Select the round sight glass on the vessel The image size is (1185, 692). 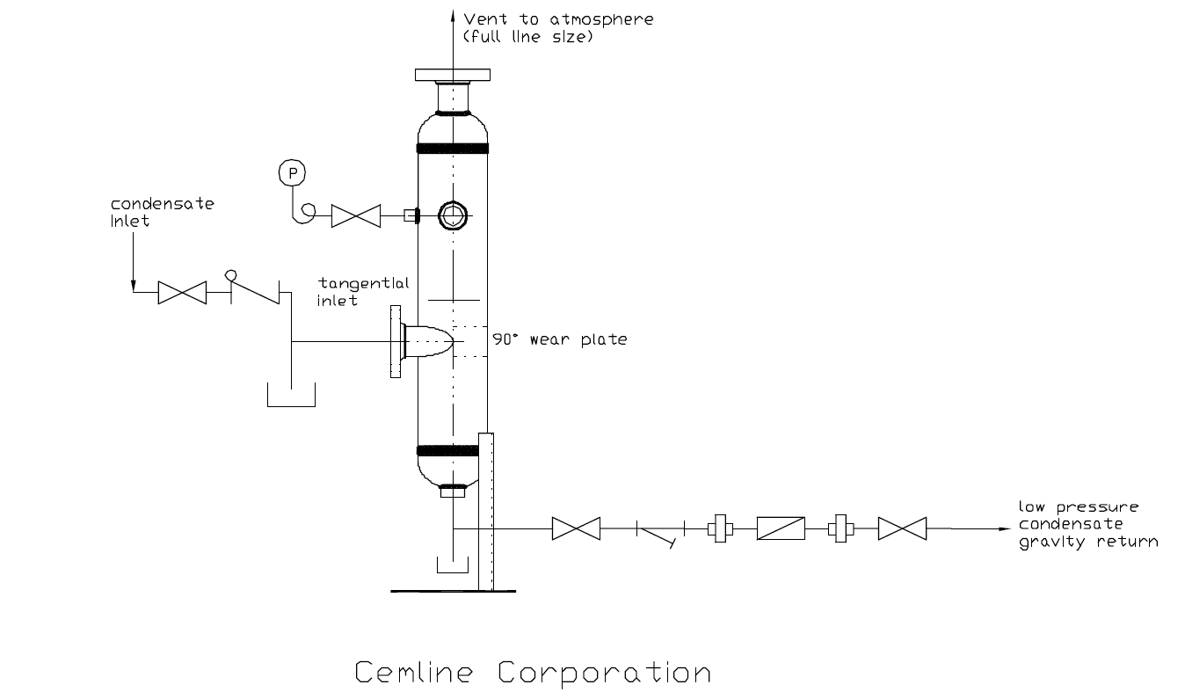pyautogui.click(x=453, y=215)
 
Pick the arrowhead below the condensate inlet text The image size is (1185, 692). pyautogui.click(x=134, y=284)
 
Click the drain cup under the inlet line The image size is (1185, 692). pyautogui.click(x=291, y=397)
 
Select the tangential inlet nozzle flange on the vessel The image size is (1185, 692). pyautogui.click(x=396, y=341)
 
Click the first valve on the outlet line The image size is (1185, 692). pyautogui.click(x=576, y=529)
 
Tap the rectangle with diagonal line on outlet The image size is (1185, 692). pyautogui.click(x=781, y=529)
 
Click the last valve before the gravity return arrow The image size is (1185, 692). pyautogui.click(x=902, y=529)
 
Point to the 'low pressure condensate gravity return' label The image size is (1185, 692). pyautogui.click(x=1087, y=524)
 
